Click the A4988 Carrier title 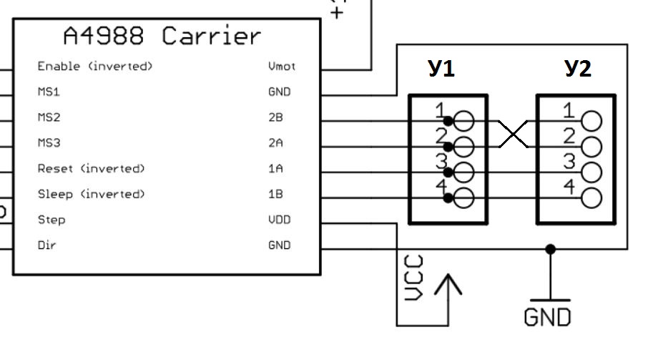pyautogui.click(x=162, y=36)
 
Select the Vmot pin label pyautogui.click(x=282, y=67)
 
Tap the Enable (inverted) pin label pyautogui.click(x=95, y=67)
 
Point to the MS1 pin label pyautogui.click(x=49, y=92)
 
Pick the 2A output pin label pyautogui.click(x=275, y=143)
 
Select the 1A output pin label pyautogui.click(x=275, y=169)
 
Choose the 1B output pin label pyautogui.click(x=275, y=194)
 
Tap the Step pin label pyautogui.click(x=51, y=220)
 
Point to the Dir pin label pyautogui.click(x=46, y=245)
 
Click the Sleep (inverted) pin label pyautogui.click(x=91, y=194)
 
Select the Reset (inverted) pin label pyautogui.click(x=91, y=169)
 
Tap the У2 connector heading pyautogui.click(x=577, y=69)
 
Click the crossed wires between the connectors pyautogui.click(x=512, y=134)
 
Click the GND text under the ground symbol pyautogui.click(x=548, y=317)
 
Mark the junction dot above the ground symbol pyautogui.click(x=550, y=249)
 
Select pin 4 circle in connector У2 pyautogui.click(x=591, y=198)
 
